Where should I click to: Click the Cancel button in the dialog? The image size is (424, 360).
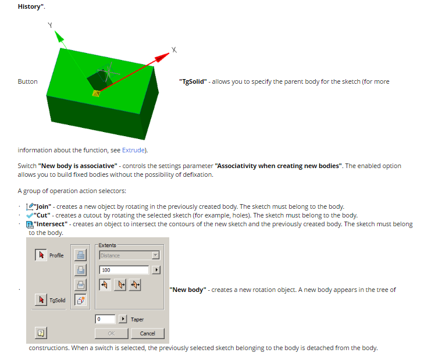coord(147,333)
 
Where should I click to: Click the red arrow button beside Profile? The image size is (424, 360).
coord(41,255)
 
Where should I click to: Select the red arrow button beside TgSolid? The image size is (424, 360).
coord(41,300)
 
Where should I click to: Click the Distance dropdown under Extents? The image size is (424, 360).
coord(129,255)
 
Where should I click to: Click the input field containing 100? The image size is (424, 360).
coord(124,270)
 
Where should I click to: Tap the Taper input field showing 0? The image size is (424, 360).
coord(105,319)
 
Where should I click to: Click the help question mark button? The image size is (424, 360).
coord(41,333)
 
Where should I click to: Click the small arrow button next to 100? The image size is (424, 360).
coord(155,270)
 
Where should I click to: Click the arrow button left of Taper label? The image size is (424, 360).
coord(123,319)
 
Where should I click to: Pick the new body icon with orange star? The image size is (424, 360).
coord(81,300)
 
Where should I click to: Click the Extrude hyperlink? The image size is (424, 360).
coord(133,150)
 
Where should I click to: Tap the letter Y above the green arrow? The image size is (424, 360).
coord(50,26)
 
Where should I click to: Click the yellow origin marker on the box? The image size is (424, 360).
coord(97,92)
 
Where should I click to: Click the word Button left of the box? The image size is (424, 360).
coord(27,81)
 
